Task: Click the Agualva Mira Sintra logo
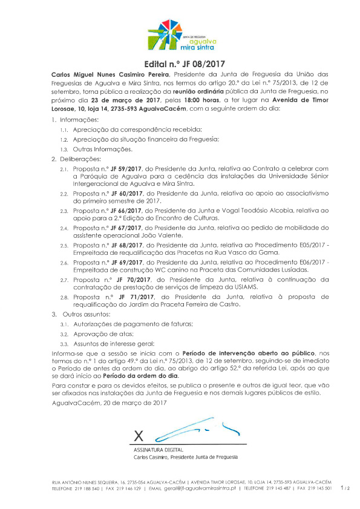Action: (181, 35)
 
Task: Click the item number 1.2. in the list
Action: (64, 139)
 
